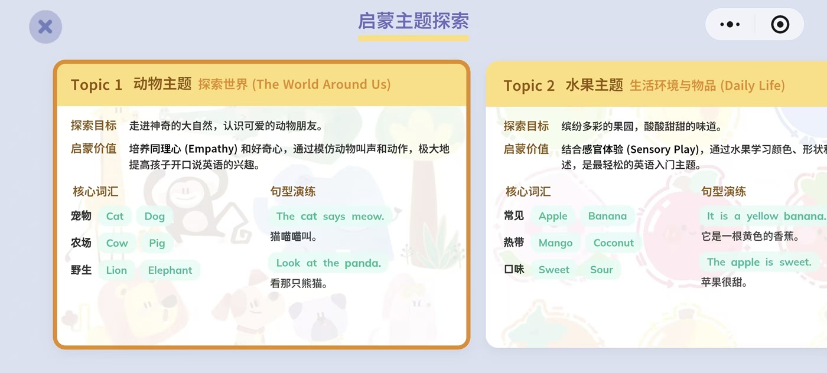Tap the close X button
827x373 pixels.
click(45, 27)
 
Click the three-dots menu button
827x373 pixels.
click(730, 25)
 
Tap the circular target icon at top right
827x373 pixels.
click(780, 25)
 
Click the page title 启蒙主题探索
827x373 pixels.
click(413, 21)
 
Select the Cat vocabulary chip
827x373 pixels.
click(115, 216)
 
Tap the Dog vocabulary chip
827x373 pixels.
click(154, 216)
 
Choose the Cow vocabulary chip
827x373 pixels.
click(117, 243)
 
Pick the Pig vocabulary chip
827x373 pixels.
click(157, 243)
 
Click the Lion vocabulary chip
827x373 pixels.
click(116, 270)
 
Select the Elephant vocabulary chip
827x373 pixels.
click(170, 270)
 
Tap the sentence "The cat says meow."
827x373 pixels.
click(330, 217)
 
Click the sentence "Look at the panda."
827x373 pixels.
click(328, 263)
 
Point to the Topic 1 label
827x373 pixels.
click(96, 85)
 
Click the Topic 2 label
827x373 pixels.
click(529, 86)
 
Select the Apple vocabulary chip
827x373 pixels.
click(553, 216)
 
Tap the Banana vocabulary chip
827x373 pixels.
click(607, 216)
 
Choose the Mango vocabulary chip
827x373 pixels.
click(555, 243)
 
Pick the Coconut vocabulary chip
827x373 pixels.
click(613, 243)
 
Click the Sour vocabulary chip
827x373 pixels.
click(601, 270)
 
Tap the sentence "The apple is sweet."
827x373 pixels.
click(759, 262)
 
